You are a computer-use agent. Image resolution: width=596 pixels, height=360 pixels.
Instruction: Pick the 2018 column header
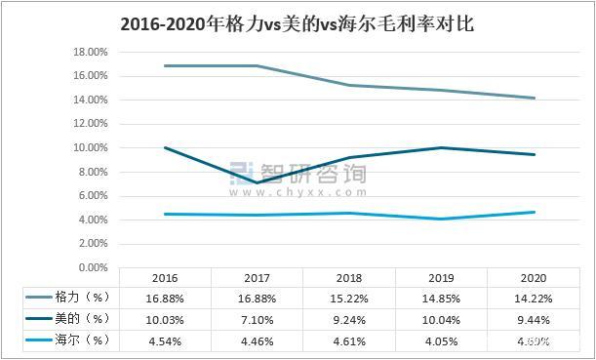(350, 277)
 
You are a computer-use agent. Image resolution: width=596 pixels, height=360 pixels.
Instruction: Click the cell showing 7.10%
(257, 318)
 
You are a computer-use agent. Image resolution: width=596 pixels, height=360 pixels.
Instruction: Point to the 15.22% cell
(350, 296)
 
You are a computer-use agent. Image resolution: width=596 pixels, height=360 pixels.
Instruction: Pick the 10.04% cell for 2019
(443, 318)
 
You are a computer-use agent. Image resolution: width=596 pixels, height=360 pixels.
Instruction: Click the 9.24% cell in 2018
(350, 318)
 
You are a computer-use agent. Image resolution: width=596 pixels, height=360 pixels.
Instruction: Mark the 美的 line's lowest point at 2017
(257, 182)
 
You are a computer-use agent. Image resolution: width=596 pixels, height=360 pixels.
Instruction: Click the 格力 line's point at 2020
(535, 98)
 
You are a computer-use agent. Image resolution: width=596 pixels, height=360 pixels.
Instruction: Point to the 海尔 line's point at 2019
(443, 219)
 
